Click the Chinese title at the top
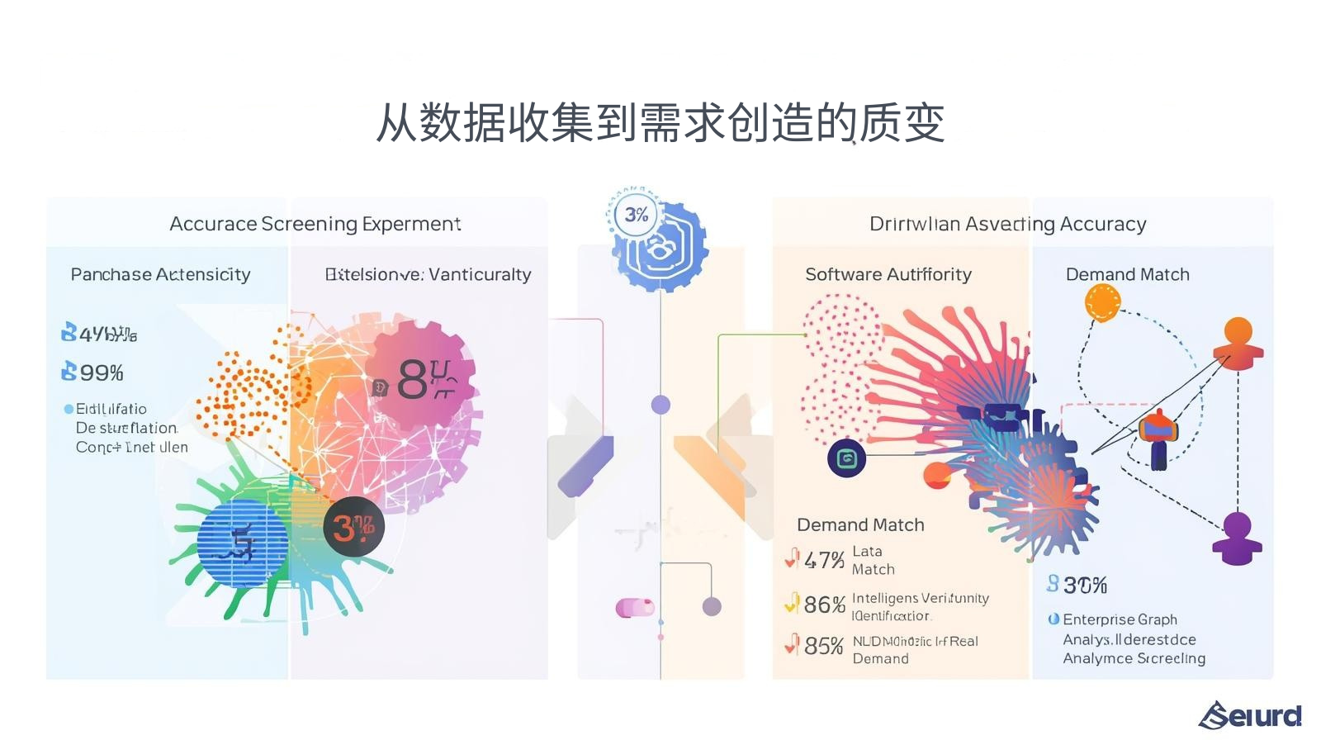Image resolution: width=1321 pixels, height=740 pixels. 660,124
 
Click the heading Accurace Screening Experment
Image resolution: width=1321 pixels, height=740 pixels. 315,224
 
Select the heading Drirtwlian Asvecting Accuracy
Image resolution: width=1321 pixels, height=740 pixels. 1007,224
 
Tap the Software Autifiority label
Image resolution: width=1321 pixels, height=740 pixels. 888,274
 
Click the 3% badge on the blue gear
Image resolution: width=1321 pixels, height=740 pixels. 636,215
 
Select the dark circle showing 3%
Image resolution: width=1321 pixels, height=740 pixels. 353,527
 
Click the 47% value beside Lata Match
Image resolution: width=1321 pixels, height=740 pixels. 823,561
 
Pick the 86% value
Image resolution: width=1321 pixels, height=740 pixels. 824,605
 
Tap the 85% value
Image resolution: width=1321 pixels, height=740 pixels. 823,646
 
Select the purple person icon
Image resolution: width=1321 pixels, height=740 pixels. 1237,538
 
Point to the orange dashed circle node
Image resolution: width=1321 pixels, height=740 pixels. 1102,302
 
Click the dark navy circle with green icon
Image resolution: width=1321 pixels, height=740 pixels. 846,458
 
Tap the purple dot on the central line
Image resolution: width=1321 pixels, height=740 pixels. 660,405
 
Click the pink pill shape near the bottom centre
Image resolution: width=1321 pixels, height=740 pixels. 634,608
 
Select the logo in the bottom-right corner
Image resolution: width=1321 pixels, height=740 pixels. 1250,715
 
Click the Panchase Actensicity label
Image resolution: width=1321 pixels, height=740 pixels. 160,274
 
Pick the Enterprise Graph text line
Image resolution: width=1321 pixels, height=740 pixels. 1120,619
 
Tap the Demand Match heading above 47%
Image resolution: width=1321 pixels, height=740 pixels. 860,524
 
